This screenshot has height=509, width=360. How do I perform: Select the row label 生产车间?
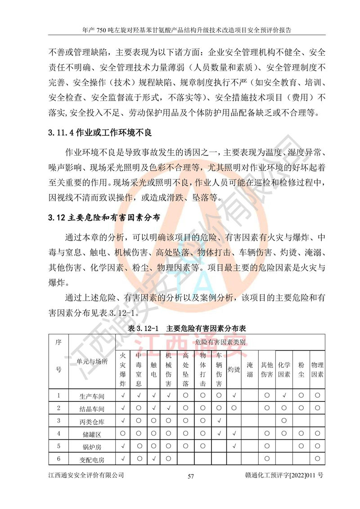92,396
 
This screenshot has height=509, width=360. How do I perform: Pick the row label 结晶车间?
92,409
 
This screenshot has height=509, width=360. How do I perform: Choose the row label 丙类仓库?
92,421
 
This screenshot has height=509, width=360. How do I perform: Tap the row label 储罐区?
92,434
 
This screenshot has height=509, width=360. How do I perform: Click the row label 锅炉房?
92,446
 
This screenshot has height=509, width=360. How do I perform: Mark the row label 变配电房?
92,459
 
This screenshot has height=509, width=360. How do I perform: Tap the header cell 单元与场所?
92,361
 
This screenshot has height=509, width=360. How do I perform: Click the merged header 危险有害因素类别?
220,342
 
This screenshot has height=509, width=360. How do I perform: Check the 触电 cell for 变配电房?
154,459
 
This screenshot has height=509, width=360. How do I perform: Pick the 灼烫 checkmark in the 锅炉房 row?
234,446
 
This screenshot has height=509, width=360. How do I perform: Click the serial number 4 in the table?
58,433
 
